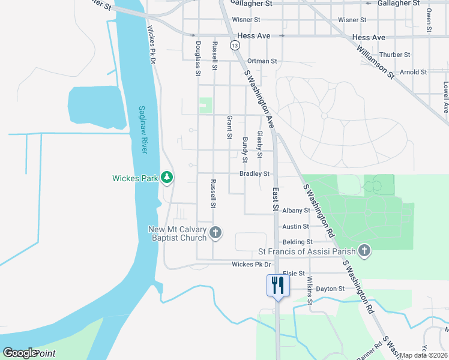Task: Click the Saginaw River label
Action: (x=143, y=130)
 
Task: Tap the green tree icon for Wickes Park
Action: (x=167, y=178)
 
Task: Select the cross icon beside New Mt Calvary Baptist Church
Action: (x=215, y=232)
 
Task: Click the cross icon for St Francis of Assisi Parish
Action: (x=363, y=250)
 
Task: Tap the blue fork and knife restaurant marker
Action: (x=277, y=284)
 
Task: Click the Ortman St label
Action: (x=262, y=61)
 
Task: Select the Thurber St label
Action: (x=395, y=55)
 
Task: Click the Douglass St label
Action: (x=197, y=58)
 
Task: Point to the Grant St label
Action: (x=229, y=127)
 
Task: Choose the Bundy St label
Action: (x=245, y=150)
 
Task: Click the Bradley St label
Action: (x=255, y=173)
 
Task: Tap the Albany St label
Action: (x=296, y=211)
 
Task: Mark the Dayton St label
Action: (x=330, y=289)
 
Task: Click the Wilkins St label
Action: (x=310, y=290)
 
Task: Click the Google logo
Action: (x=20, y=353)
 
